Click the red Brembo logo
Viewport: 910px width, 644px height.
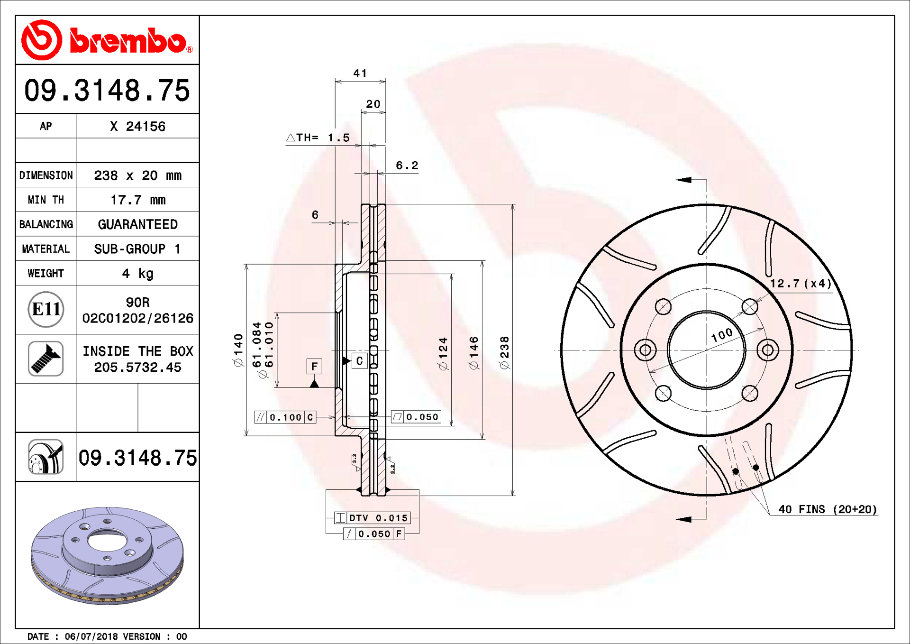pyautogui.click(x=107, y=40)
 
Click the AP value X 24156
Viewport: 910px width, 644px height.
pyautogui.click(x=137, y=126)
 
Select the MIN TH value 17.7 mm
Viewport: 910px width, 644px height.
pyautogui.click(x=138, y=200)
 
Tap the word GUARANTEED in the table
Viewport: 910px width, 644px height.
pyautogui.click(x=138, y=224)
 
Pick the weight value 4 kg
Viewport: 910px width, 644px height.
pyautogui.click(x=138, y=273)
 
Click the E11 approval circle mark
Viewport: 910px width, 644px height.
pyautogui.click(x=46, y=309)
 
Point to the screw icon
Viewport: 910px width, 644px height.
pyautogui.click(x=46, y=359)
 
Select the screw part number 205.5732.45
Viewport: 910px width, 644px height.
pyautogui.click(x=137, y=367)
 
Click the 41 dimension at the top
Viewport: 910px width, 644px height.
pyautogui.click(x=360, y=73)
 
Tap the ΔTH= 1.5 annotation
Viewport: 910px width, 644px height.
pyautogui.click(x=318, y=138)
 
